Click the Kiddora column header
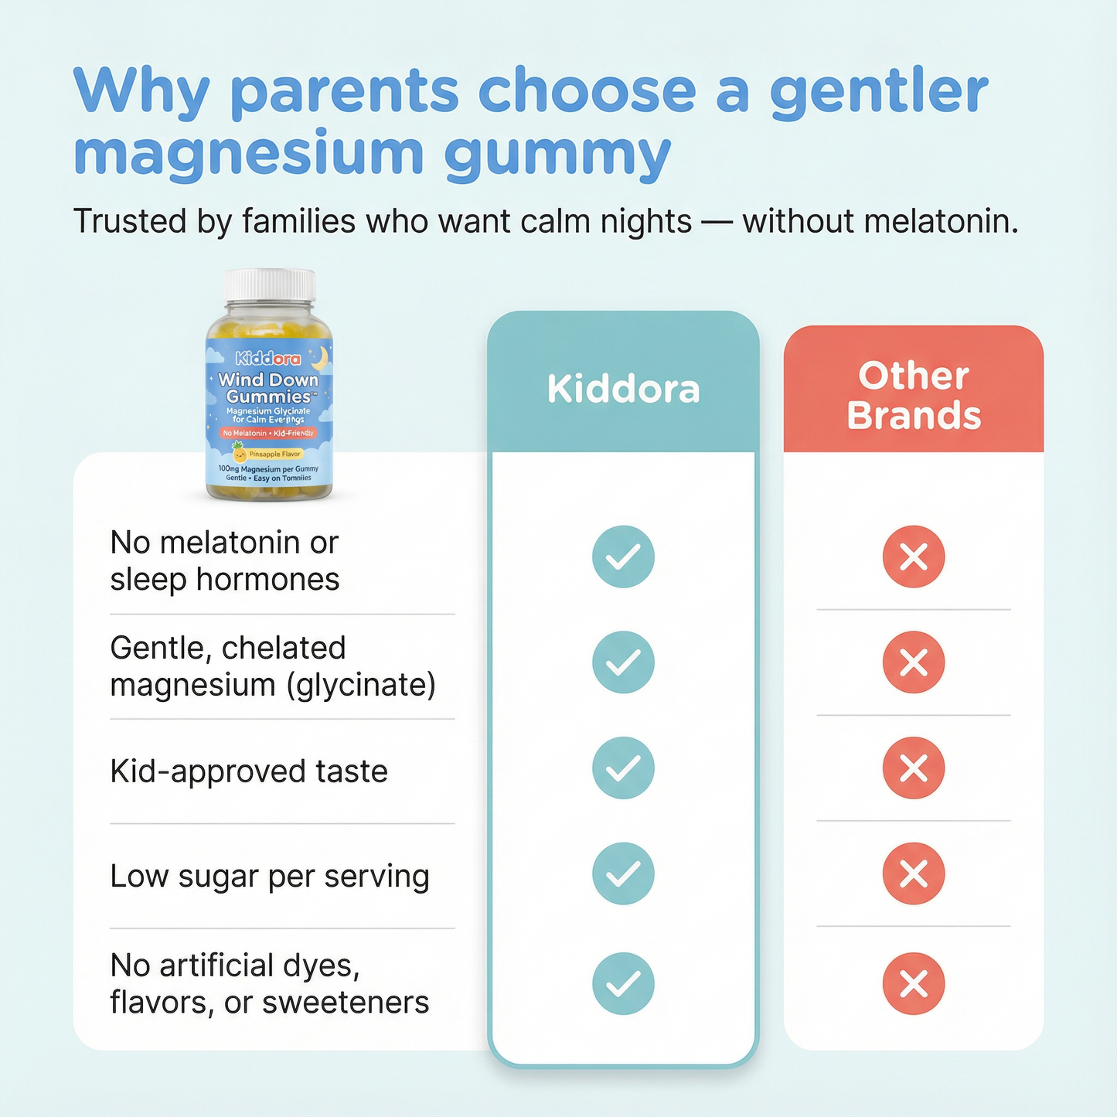(x=623, y=389)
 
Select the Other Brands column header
(x=914, y=395)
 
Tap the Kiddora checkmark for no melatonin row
(x=623, y=557)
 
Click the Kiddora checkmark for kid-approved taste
(x=623, y=768)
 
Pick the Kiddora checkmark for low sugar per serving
(x=623, y=874)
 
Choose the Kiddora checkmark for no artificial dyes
(x=623, y=983)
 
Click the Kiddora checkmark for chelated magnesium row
(x=623, y=662)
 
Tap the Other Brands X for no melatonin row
(x=914, y=557)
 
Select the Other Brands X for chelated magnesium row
(x=914, y=662)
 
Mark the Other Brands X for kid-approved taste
(x=914, y=768)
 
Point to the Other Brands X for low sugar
(x=914, y=874)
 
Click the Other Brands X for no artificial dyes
(x=914, y=983)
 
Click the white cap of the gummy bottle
(x=269, y=285)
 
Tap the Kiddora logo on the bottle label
(x=267, y=359)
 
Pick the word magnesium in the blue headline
(x=248, y=154)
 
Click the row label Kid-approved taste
(x=249, y=771)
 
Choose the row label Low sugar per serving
(x=270, y=877)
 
